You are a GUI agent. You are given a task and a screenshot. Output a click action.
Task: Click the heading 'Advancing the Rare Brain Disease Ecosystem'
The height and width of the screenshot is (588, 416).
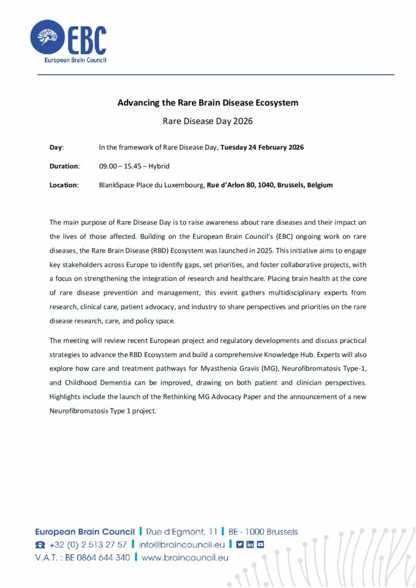[x=208, y=103]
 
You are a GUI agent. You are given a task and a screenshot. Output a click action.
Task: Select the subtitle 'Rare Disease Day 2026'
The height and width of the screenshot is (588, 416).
[x=208, y=121]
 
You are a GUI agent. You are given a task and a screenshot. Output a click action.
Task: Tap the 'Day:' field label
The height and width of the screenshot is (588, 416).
[x=57, y=148]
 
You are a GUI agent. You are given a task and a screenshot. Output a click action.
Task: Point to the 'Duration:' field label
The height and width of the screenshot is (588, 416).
[x=64, y=166]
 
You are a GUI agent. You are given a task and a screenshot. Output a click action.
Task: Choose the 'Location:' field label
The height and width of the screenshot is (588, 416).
[x=64, y=185]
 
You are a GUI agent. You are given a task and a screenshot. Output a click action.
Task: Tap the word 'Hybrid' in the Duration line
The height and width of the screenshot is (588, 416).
[x=158, y=166]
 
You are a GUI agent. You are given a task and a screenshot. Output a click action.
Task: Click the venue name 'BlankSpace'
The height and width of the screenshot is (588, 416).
[x=117, y=185]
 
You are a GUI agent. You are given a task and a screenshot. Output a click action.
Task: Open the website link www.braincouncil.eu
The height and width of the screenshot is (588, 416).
[x=185, y=557]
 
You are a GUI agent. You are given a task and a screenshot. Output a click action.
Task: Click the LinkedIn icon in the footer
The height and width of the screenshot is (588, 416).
[x=250, y=544]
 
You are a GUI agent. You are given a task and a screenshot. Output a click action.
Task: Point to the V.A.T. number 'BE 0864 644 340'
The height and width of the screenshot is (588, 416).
[x=97, y=557]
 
